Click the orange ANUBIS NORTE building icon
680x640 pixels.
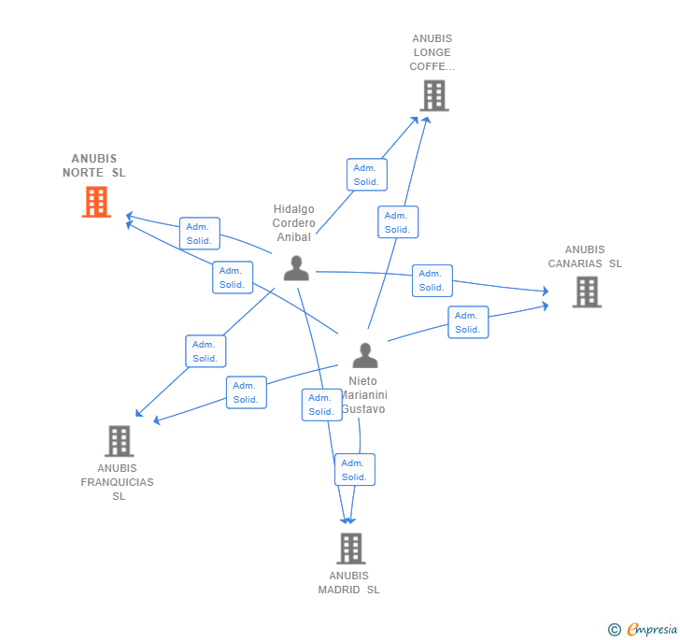point(96,202)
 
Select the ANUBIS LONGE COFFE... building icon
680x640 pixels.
point(433,95)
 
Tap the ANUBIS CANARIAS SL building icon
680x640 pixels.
point(587,292)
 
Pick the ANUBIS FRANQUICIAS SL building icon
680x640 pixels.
point(119,441)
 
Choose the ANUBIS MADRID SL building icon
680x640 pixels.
point(350,548)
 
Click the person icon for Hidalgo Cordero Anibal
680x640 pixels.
point(296,268)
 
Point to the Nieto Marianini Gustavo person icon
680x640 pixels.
point(365,356)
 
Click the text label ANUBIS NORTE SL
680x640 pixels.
point(94,165)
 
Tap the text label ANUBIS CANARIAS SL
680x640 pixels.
point(585,257)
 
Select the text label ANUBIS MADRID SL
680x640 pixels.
point(348,583)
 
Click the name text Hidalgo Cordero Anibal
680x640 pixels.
point(293,223)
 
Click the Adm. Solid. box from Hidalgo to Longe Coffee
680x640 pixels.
point(366,175)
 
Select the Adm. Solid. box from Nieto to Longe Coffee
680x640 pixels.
point(398,222)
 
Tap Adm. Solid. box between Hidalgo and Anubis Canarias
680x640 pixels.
point(432,280)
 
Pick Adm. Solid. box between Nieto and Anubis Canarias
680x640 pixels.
point(467,322)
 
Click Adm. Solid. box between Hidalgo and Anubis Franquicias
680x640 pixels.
point(205,351)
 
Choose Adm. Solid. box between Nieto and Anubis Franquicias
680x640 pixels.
point(246,392)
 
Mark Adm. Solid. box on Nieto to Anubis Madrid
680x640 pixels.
point(354,470)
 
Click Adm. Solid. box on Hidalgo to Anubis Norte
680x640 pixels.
point(199,234)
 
